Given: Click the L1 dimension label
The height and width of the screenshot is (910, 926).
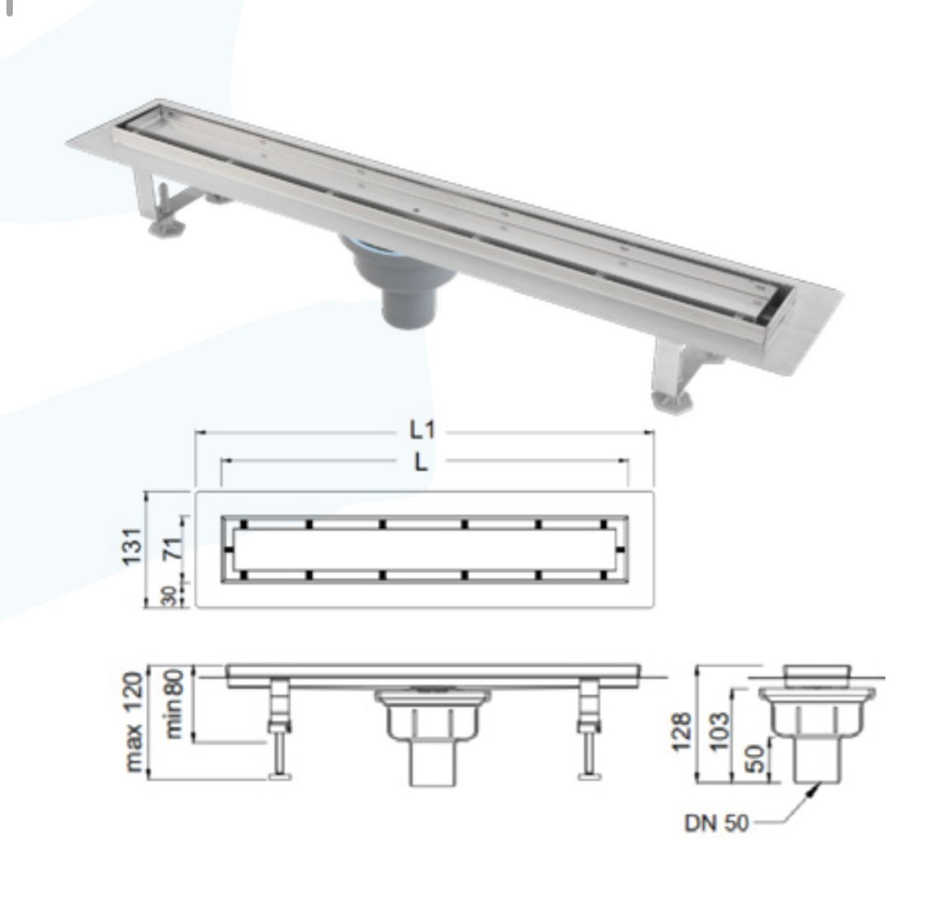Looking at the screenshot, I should click(424, 431).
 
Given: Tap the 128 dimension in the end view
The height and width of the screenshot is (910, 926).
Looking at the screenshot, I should click(683, 730).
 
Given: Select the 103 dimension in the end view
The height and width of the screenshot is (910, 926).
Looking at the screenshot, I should click(719, 730).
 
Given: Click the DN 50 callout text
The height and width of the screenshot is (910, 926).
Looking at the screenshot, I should click(716, 823).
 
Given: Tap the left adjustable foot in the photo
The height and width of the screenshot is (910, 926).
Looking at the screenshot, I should click(165, 228).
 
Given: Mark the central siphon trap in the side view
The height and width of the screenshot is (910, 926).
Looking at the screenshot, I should click(431, 733).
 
